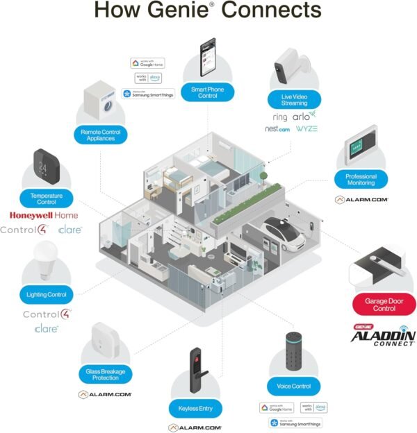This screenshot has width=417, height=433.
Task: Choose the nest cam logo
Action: tap(277, 129)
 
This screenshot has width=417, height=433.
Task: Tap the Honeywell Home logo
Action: tap(44, 215)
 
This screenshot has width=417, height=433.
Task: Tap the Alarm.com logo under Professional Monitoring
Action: tap(361, 199)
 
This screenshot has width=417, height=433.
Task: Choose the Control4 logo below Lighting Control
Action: tap(47, 314)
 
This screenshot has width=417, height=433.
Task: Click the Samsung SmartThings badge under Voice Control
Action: tap(295, 423)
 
